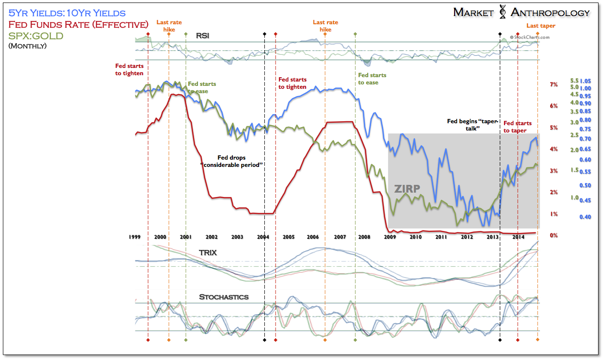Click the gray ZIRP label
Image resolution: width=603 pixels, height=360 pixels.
(x=407, y=189)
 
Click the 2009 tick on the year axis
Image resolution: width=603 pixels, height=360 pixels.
(x=390, y=237)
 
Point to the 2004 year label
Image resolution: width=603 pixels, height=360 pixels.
(x=263, y=237)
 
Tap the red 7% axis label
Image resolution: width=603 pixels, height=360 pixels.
(x=554, y=85)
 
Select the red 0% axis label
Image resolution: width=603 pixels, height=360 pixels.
(x=554, y=235)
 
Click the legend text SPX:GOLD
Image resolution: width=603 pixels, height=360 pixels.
(x=36, y=36)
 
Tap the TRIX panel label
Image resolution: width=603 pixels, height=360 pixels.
(x=207, y=253)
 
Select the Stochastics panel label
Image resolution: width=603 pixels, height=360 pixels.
(x=224, y=296)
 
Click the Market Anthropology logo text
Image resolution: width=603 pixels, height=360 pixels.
(x=522, y=13)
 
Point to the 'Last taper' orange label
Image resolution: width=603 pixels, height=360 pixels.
(x=541, y=26)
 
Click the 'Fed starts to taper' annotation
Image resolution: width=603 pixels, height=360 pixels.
(x=517, y=127)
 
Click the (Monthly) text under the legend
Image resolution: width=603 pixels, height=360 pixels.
(x=28, y=46)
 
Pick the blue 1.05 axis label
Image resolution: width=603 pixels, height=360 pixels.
(x=587, y=81)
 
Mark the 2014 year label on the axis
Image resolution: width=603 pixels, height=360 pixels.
(x=517, y=237)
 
